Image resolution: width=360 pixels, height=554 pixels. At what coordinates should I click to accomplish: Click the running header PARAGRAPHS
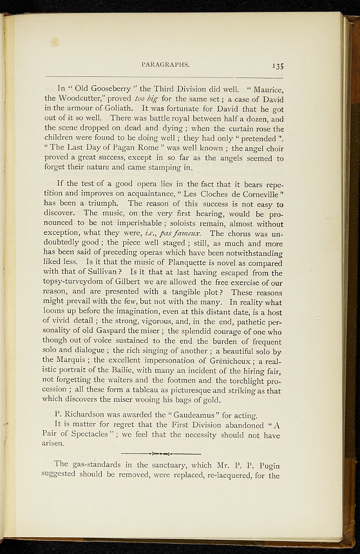tap(165, 64)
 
